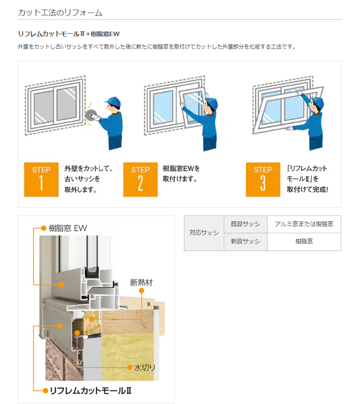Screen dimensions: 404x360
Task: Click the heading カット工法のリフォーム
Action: coord(60,13)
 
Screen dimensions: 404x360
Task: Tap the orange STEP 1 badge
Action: coord(41,179)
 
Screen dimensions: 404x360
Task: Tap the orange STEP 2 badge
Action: coord(140,179)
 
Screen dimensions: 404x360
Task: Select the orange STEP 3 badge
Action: coord(263,179)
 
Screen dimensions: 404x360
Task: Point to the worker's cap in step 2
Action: coord(211,102)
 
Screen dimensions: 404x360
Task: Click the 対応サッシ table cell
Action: coord(204,233)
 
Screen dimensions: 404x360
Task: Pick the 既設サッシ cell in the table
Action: coord(245,225)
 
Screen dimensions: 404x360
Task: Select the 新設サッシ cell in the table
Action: coord(245,242)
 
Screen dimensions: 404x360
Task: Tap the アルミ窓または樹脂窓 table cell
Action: coord(304,225)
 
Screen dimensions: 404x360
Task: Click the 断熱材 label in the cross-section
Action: coord(141,282)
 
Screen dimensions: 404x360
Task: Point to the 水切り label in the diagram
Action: coord(144,368)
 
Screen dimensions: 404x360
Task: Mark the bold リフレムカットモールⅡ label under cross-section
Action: coord(90,390)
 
